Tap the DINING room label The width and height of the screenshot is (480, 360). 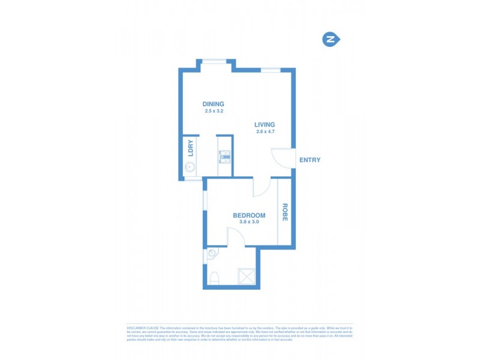[x=213, y=104]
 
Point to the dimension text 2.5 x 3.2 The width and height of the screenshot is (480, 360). [x=213, y=111]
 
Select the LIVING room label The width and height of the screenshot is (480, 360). [x=265, y=125]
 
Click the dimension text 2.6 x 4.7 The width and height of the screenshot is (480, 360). [x=265, y=132]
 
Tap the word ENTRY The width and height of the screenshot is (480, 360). [x=310, y=160]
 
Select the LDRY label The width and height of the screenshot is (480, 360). [x=190, y=148]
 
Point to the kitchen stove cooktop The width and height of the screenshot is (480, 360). [x=225, y=157]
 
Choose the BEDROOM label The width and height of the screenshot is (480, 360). [x=249, y=215]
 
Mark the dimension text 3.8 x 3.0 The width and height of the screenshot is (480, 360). [x=249, y=223]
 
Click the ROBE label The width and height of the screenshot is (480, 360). [x=285, y=212]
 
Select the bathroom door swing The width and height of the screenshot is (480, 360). [x=236, y=239]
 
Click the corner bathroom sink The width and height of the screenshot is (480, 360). [x=211, y=254]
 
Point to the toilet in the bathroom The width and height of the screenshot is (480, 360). [x=214, y=277]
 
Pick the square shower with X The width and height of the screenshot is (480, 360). [x=246, y=275]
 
